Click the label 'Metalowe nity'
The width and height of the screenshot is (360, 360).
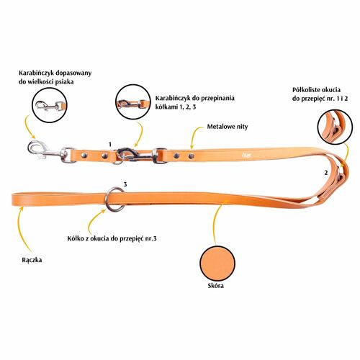tap(228, 127)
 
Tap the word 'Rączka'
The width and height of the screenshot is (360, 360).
tap(32, 260)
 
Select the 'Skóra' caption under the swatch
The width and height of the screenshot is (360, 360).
tap(216, 285)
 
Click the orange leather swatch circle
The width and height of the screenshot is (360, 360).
tap(217, 264)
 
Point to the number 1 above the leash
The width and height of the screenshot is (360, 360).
tap(110, 144)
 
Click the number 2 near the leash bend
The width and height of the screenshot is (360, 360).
tap(325, 173)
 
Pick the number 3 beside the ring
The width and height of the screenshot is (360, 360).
tap(125, 184)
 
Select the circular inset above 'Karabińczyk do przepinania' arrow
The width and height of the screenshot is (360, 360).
tap(132, 102)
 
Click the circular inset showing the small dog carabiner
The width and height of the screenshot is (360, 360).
tap(50, 105)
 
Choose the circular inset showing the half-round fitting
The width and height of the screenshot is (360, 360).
tap(335, 127)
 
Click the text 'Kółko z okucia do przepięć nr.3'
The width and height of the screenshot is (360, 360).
tap(112, 238)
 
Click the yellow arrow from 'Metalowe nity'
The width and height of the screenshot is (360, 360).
tap(196, 137)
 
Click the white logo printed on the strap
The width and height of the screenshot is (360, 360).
tap(247, 155)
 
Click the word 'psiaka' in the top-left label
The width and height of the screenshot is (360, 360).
tap(64, 82)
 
